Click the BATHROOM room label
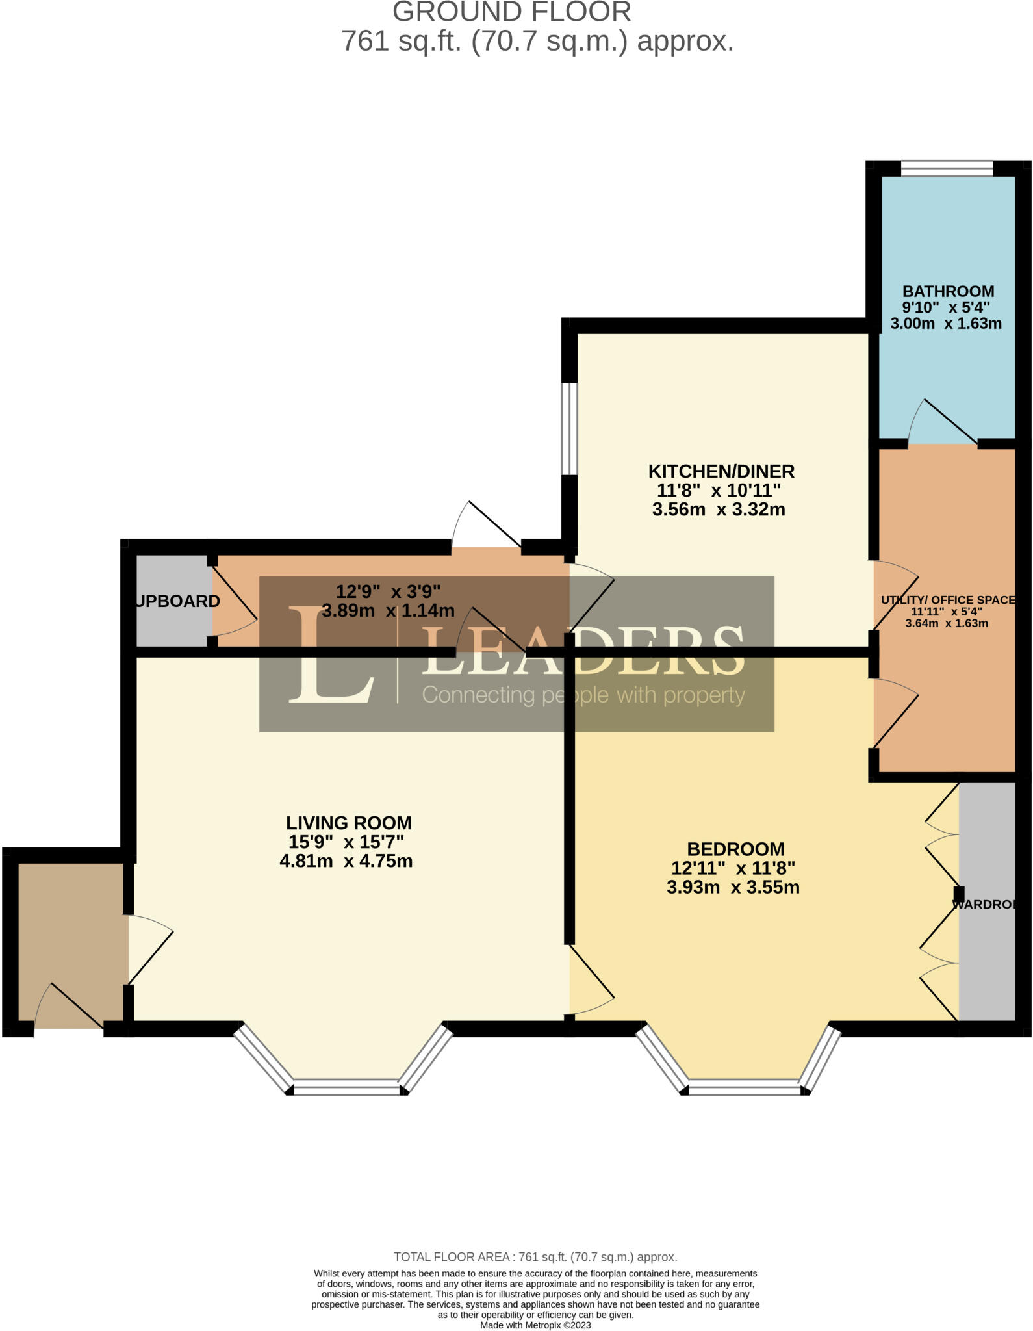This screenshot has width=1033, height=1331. [x=948, y=291]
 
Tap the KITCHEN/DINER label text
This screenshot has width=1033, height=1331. [x=721, y=471]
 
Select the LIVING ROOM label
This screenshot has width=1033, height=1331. [x=349, y=823]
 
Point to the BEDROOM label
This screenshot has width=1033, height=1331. [x=735, y=849]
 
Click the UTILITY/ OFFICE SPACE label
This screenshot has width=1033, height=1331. [x=948, y=600]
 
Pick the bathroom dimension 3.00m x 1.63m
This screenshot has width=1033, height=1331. [x=945, y=324]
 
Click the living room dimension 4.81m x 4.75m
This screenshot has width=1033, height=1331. [x=346, y=861]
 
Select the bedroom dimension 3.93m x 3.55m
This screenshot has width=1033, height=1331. [x=733, y=887]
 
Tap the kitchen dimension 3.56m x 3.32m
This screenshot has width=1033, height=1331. [x=719, y=510]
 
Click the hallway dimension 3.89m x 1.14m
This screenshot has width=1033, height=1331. [x=389, y=611]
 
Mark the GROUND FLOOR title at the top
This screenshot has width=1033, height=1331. [x=512, y=12]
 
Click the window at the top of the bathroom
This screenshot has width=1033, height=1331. [x=947, y=168]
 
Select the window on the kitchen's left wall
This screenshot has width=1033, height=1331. [x=569, y=429]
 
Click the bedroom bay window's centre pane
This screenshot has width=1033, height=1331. [x=745, y=1087]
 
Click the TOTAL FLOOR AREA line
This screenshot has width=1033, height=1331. [x=535, y=1257]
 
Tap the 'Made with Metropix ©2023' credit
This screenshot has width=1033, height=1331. [x=535, y=1325]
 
